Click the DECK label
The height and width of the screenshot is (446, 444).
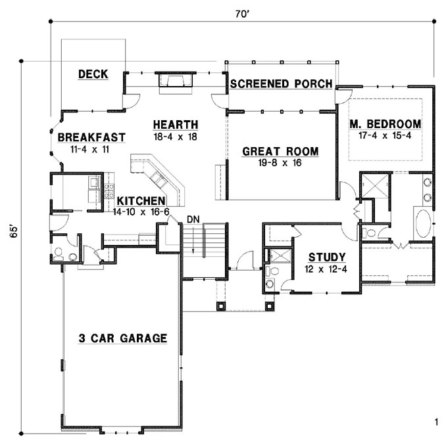point(93,74)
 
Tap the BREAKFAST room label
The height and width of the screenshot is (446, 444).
point(91,137)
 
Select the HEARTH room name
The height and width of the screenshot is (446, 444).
point(176,125)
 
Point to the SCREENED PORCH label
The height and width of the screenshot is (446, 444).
point(280,83)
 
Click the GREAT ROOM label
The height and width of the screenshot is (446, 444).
point(280,152)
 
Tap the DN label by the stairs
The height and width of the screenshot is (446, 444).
point(193,218)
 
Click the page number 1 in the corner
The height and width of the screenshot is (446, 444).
point(435,421)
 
